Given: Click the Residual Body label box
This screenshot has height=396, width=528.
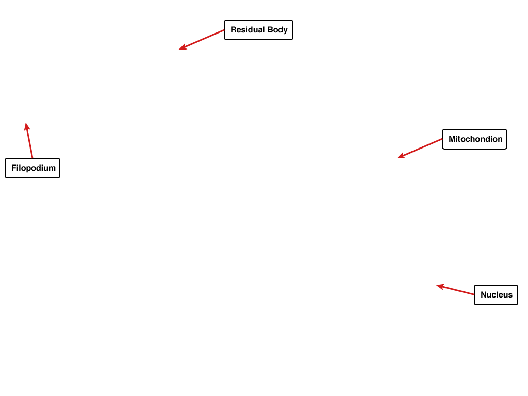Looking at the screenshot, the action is (x=259, y=30).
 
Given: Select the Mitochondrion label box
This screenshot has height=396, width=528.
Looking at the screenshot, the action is (x=474, y=139).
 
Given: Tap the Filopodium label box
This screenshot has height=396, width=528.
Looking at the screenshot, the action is (x=32, y=168).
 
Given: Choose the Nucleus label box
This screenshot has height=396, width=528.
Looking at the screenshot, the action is (x=496, y=295).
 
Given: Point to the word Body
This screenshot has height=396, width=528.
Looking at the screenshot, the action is (x=277, y=30).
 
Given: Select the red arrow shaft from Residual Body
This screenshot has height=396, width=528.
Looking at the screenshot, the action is (x=202, y=40).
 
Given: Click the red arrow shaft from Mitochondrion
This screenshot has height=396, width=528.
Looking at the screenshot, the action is (x=420, y=148).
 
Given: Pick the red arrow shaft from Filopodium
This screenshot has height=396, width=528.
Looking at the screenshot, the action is (x=29, y=140).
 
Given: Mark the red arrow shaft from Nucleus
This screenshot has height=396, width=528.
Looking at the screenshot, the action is (x=455, y=290).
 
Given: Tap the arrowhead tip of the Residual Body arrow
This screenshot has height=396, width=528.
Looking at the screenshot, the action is (x=179, y=49).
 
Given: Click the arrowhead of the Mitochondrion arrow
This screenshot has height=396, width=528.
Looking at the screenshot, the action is (x=401, y=156).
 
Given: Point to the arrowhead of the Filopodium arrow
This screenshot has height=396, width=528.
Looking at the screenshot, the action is (x=27, y=127).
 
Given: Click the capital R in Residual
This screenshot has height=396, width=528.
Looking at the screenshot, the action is (x=234, y=30).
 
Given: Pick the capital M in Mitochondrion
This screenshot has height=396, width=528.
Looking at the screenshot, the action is (x=452, y=139).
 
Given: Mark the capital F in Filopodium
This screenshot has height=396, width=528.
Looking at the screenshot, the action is (x=14, y=168).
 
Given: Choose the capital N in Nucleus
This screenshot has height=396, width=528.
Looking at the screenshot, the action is (x=484, y=294).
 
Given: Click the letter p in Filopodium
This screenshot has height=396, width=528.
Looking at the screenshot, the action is (x=29, y=169).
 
